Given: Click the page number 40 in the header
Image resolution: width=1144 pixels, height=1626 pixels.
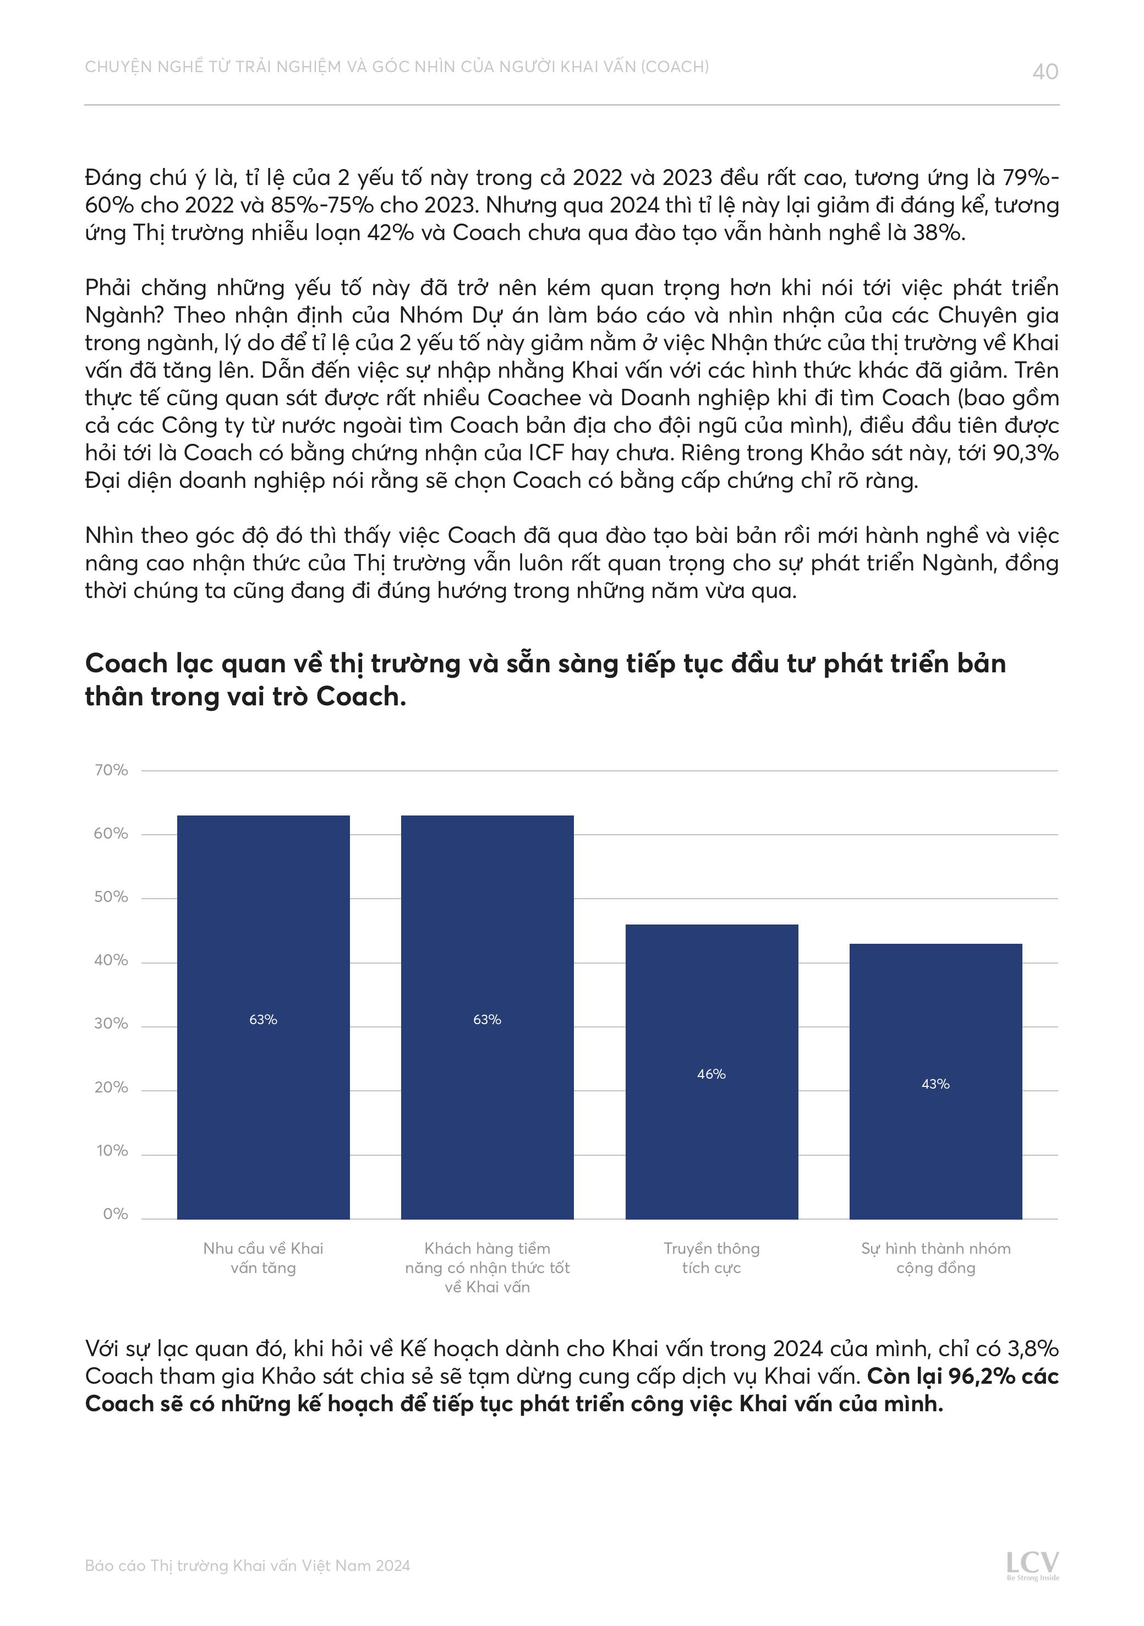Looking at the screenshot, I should click(x=1045, y=72).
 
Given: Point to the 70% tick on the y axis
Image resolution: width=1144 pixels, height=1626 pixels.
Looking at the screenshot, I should click(x=111, y=770).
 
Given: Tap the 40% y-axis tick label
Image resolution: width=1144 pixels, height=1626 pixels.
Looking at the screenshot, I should click(x=111, y=960).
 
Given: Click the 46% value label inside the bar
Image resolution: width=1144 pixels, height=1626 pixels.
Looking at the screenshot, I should click(x=711, y=1074).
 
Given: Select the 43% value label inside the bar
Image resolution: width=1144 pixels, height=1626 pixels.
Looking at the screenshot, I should click(x=935, y=1084).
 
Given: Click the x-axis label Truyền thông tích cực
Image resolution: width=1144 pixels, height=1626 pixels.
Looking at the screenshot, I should click(x=711, y=1258).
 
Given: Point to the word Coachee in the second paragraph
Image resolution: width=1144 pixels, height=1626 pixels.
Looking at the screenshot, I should click(x=534, y=398).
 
